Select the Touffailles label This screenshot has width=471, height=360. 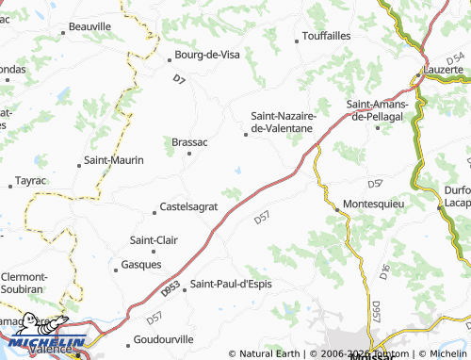pyautogui.click(x=326, y=37)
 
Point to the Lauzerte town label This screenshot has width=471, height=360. pyautogui.click(x=444, y=71)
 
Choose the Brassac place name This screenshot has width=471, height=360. pyautogui.click(x=189, y=142)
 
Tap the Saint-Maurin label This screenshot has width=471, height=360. pyautogui.click(x=114, y=160)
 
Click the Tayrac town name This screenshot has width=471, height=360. pyautogui.click(x=31, y=179)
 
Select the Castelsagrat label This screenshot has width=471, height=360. pyautogui.click(x=189, y=205)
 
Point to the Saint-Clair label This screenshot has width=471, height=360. pyautogui.click(x=154, y=239)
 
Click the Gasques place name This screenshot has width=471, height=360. pyautogui.click(x=141, y=265)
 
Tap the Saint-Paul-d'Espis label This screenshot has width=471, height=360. pyautogui.click(x=231, y=284)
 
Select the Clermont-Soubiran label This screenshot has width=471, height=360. pyautogui.click(x=24, y=283)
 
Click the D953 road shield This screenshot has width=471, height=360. pyautogui.click(x=170, y=293)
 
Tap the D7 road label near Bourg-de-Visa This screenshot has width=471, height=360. pyautogui.click(x=179, y=82)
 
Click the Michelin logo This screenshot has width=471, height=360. pyautogui.click(x=43, y=345)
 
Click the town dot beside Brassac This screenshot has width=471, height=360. pyautogui.click(x=188, y=154)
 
